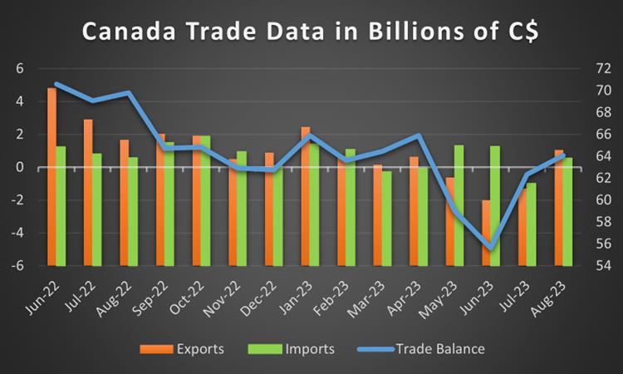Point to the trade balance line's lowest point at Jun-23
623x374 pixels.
click(x=491, y=247)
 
